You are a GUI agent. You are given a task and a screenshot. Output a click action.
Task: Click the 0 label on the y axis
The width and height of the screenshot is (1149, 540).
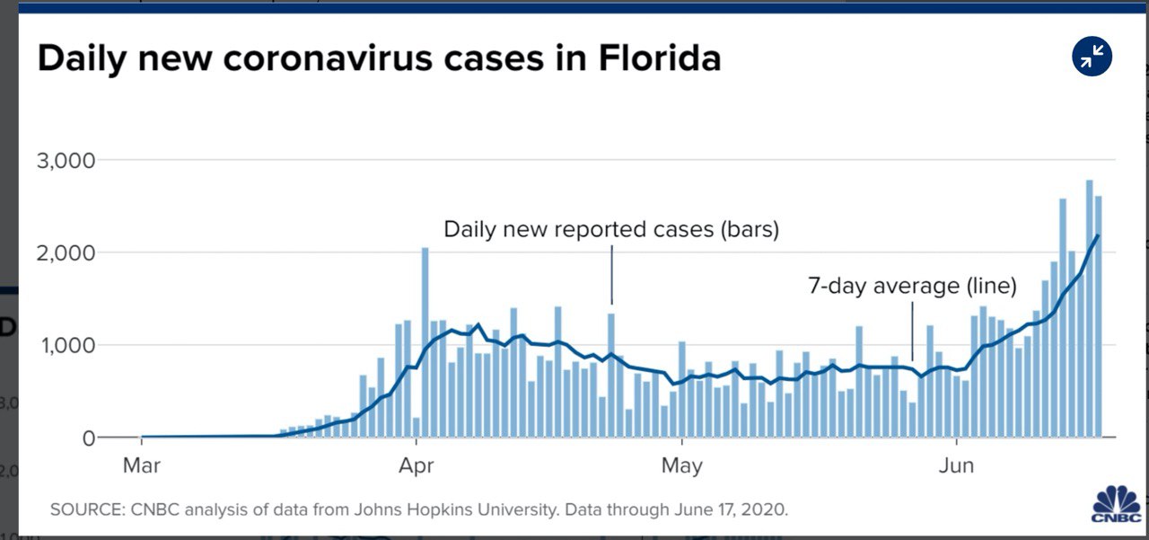coord(87,438)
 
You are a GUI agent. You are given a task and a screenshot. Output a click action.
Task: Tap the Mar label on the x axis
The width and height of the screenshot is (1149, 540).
coord(142,466)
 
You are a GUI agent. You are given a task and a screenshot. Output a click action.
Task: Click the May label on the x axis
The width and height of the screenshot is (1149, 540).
coord(682,466)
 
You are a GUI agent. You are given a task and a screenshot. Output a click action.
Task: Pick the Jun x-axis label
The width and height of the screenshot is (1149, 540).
coord(958,466)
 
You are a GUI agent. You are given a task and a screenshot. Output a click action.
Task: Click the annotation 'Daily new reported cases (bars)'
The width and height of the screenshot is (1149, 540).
coord(611,229)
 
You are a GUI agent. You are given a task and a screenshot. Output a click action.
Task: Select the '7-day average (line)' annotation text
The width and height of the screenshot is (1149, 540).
coord(912,287)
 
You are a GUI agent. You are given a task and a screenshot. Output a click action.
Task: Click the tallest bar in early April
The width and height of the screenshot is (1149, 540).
coord(425,341)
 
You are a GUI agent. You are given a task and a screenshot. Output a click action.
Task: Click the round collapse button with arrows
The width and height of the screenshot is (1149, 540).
coord(1092,58)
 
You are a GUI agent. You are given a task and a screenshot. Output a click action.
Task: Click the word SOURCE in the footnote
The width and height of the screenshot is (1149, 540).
coord(83,509)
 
